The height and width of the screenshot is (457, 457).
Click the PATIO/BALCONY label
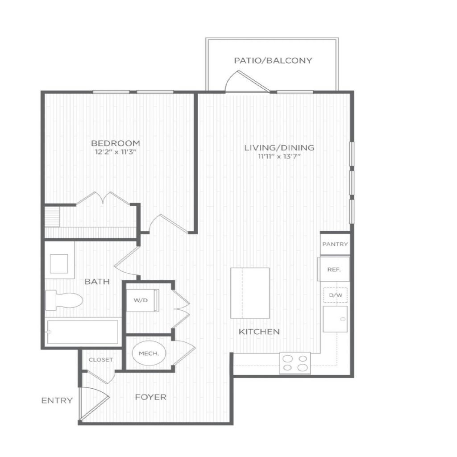click(273, 60)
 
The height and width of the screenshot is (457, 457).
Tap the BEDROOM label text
click(116, 143)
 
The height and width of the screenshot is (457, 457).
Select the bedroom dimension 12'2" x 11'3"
click(116, 152)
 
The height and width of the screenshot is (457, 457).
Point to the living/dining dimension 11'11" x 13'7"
click(279, 156)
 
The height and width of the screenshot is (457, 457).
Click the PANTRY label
click(335, 244)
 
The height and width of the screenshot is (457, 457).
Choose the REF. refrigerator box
click(334, 269)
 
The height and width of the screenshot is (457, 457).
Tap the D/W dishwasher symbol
click(336, 295)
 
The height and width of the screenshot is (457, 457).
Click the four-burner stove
click(295, 363)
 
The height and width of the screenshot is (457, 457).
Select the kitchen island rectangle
click(250, 293)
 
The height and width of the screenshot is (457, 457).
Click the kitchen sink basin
click(335, 319)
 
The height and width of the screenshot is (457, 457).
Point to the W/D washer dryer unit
click(142, 300)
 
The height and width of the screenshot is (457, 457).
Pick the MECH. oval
click(149, 353)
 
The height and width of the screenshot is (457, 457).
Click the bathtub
click(83, 332)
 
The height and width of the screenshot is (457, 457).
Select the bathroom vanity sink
click(59, 264)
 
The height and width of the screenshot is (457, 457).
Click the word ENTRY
click(57, 400)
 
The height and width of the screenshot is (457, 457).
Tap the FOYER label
click(151, 397)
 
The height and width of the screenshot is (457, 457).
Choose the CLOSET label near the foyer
click(101, 360)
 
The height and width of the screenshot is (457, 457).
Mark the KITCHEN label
click(259, 332)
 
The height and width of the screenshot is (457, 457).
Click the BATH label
click(97, 282)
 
